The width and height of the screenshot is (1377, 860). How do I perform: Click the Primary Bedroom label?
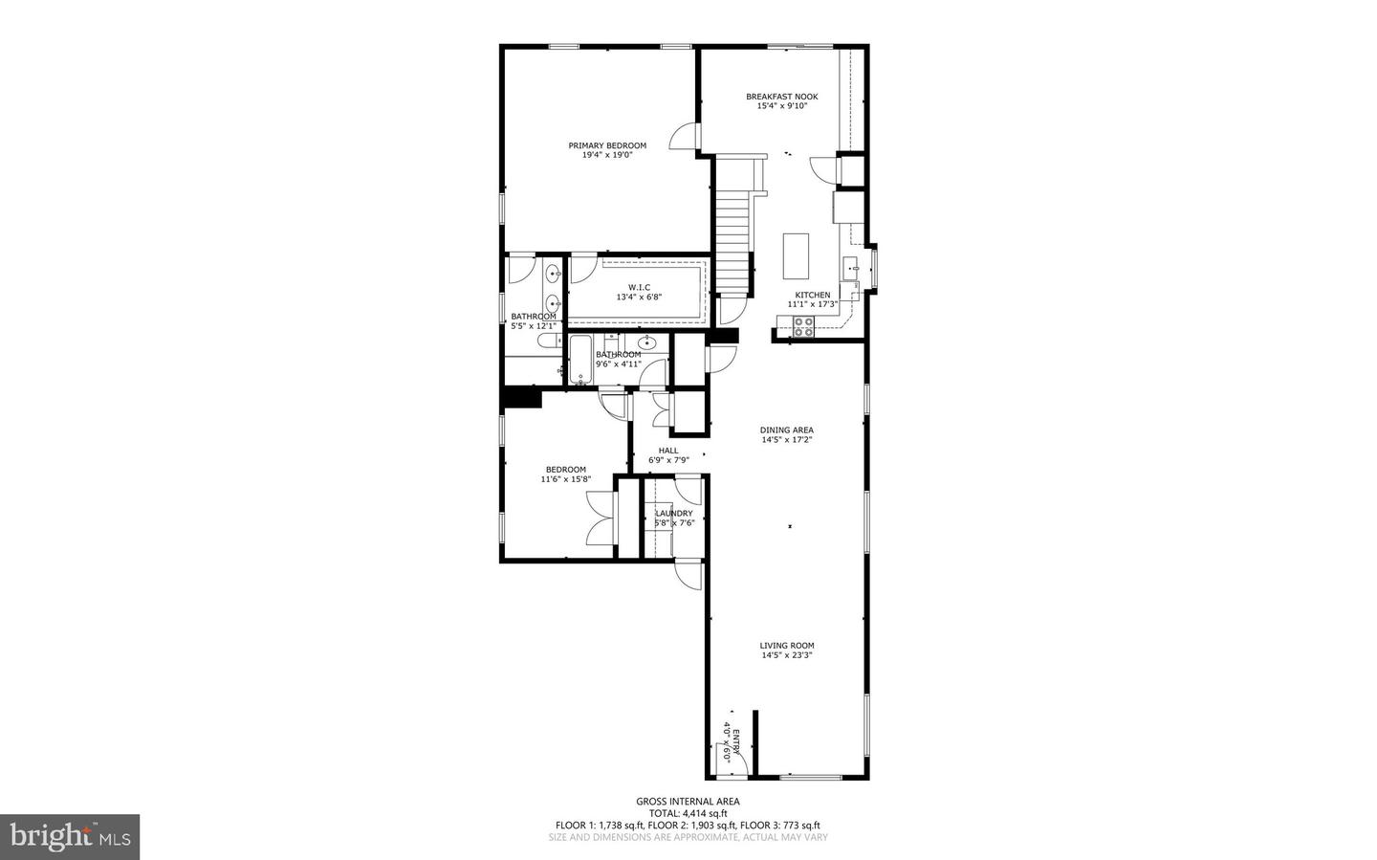pos(607,146)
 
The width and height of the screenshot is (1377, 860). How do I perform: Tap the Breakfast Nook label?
pos(781,97)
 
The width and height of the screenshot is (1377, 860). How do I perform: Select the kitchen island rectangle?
pos(796,255)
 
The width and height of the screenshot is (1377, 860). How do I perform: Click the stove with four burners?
pos(802,327)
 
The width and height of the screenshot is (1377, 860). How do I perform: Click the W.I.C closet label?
pos(639,287)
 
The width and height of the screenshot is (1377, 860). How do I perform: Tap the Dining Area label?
pos(787,430)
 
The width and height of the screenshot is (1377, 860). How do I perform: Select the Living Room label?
pos(787,646)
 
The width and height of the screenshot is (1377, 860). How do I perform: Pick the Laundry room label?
pos(673,514)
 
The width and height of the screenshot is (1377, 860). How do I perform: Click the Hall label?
pos(668,451)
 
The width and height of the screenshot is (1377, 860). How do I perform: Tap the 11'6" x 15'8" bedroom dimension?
pos(566,479)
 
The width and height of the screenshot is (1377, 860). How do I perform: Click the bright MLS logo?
pos(70,837)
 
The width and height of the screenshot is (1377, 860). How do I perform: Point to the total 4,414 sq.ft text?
pos(688,813)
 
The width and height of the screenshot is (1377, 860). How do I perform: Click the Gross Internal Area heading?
pos(688,802)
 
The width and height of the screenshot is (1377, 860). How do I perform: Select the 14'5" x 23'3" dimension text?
pos(787,656)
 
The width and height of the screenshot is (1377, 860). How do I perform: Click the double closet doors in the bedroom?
pos(600,518)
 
